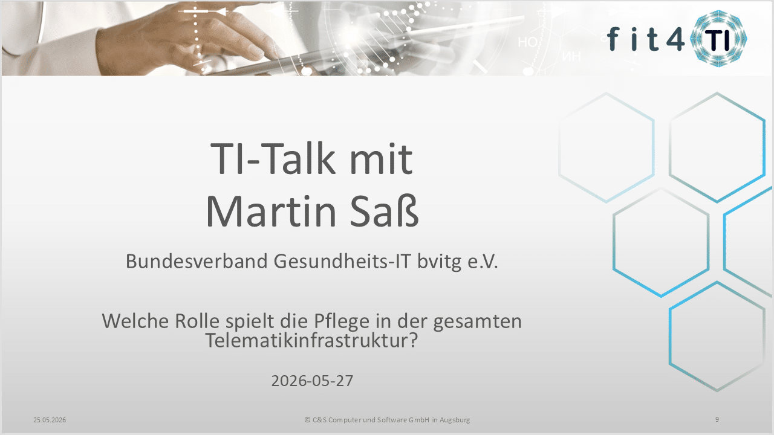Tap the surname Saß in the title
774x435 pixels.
coord(384,211)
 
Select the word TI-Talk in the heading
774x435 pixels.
coord(273,158)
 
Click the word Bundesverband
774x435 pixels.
coord(197,261)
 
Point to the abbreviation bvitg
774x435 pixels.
coord(439,262)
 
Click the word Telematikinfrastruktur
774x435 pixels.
coord(311,340)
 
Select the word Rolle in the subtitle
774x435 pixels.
coord(197,321)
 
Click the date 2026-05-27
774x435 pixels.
coord(313,381)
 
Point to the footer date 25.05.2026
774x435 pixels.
coord(50,420)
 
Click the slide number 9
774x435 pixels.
coord(717,419)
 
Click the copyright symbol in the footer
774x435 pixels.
coord(307,420)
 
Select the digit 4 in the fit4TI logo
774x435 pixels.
coord(675,39)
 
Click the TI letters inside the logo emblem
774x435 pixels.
coord(718,40)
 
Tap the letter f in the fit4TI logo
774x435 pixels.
coord(613,39)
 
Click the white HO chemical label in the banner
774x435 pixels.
coord(527,42)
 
